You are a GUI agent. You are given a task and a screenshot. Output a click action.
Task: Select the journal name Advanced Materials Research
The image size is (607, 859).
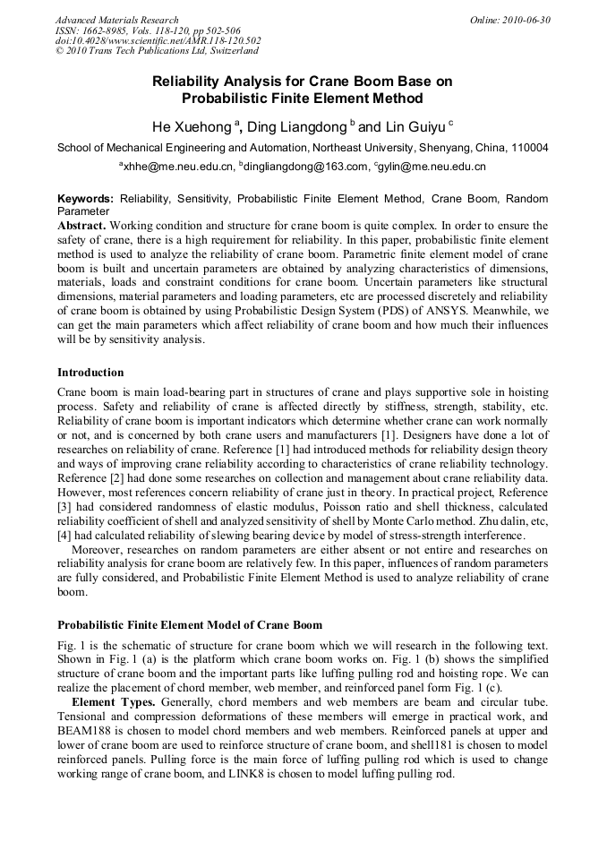tap(116, 20)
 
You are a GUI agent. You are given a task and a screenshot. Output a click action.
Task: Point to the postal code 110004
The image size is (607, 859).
tap(528, 148)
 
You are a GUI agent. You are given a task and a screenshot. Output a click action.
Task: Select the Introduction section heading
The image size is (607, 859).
tap(90, 373)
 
